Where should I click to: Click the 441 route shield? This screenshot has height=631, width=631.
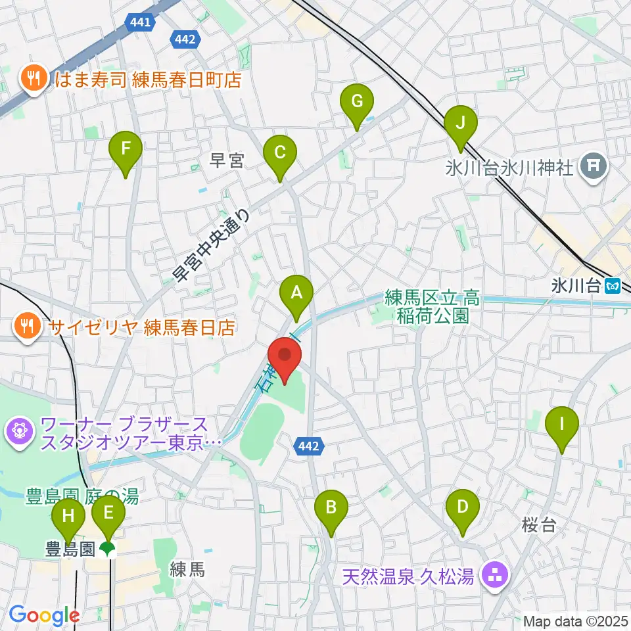[140, 22]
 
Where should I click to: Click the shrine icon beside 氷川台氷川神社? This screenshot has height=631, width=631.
[594, 168]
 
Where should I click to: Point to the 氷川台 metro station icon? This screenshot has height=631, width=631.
[613, 286]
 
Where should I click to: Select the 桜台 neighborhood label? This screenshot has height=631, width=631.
[539, 525]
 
